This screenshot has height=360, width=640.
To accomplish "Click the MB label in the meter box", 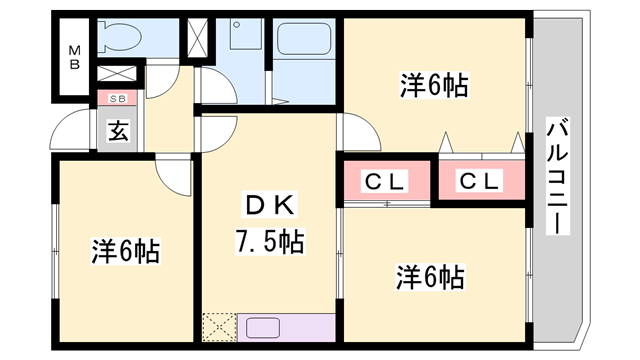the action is click(75, 56).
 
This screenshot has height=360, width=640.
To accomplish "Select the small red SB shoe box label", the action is click(117, 98).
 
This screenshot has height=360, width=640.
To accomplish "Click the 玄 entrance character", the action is click(117, 130).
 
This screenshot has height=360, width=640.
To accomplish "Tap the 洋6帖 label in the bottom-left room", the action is click(127, 250).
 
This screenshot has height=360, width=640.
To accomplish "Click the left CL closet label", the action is click(385, 182).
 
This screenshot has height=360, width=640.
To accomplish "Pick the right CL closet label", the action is click(480, 182).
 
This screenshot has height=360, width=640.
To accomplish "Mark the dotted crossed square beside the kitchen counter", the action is click(218, 328).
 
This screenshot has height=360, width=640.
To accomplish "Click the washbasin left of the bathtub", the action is click(243, 40).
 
